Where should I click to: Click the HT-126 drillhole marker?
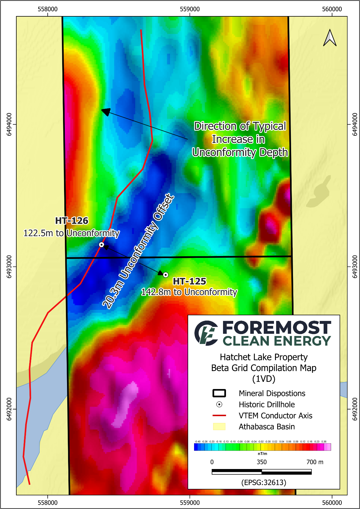click(x=101, y=244)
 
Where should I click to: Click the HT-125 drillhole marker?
click(x=166, y=275)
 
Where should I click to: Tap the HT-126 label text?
click(x=72, y=221)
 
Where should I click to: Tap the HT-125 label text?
click(x=190, y=281)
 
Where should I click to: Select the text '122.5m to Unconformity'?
click(x=72, y=233)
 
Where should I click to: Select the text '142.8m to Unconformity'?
click(x=189, y=292)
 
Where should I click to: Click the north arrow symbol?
click(x=330, y=38)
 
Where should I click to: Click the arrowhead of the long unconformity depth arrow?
click(x=106, y=111)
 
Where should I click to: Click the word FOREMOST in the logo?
click(x=277, y=328)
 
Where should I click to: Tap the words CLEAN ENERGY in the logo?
click(x=277, y=341)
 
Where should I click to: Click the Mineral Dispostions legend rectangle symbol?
click(x=219, y=393)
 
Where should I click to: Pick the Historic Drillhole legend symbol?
click(x=219, y=404)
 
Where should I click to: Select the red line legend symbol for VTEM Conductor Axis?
click(x=219, y=416)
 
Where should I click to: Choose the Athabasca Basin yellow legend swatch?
click(x=219, y=427)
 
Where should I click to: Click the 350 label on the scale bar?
click(x=262, y=462)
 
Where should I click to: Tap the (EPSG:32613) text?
click(x=264, y=482)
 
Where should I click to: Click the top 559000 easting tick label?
click(x=190, y=9)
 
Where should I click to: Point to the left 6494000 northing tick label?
click(x=9, y=124)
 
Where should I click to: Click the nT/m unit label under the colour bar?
click(x=262, y=454)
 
